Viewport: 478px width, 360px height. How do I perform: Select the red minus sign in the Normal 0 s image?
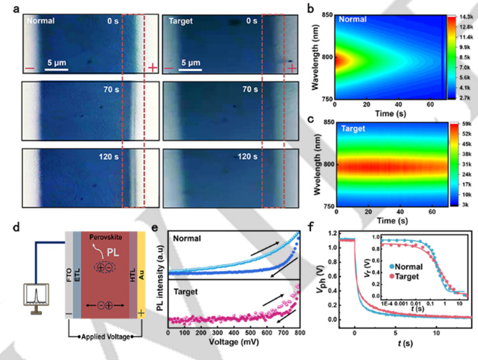[30, 69]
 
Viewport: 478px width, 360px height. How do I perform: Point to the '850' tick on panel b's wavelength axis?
[326, 14]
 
